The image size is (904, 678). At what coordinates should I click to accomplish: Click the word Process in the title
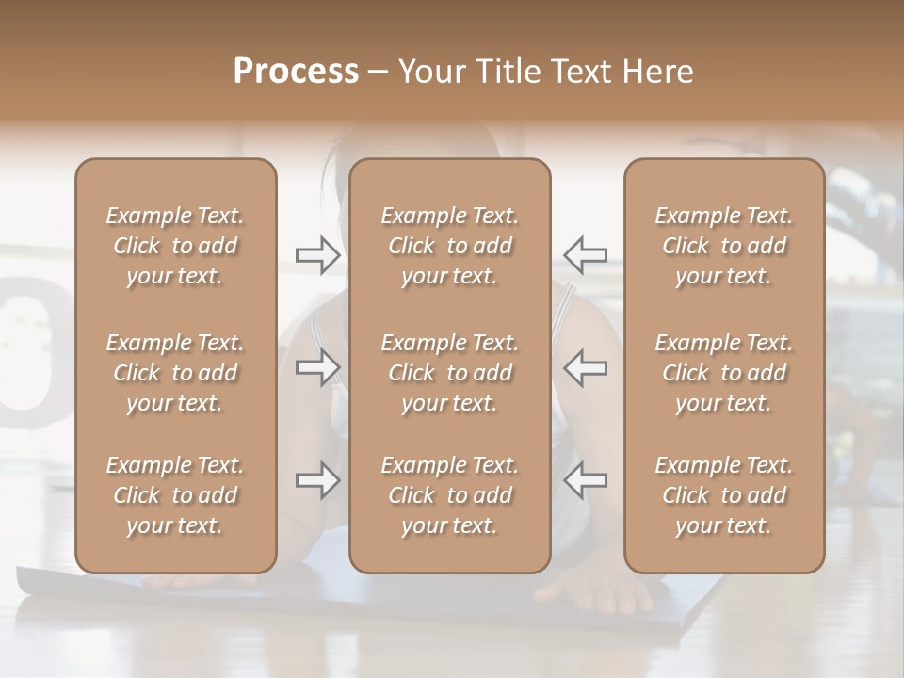pos(296,72)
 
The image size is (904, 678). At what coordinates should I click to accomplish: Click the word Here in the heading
pos(657,72)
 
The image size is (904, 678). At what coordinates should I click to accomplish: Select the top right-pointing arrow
pos(318,254)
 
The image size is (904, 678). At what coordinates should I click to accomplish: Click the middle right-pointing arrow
pos(318,367)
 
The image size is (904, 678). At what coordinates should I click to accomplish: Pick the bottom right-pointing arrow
pos(318,480)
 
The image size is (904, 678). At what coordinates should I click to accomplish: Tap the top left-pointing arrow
pos(585,254)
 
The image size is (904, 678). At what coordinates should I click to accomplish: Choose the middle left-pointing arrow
pos(585,367)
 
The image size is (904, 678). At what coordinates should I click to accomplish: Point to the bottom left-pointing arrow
pos(585,480)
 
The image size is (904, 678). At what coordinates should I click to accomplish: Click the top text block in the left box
pos(175,246)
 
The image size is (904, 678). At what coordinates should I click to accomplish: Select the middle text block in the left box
pos(175,373)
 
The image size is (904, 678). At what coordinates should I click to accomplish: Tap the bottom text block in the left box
pos(175,495)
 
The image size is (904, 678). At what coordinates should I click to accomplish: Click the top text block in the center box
pos(450,246)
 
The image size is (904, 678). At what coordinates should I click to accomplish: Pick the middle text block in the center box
pos(450,373)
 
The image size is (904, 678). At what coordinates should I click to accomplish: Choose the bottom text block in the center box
pos(450,495)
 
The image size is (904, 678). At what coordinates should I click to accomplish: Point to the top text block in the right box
pos(724,246)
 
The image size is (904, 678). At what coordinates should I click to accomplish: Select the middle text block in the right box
pos(724,373)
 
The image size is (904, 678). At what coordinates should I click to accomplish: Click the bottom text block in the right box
pos(724,495)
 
